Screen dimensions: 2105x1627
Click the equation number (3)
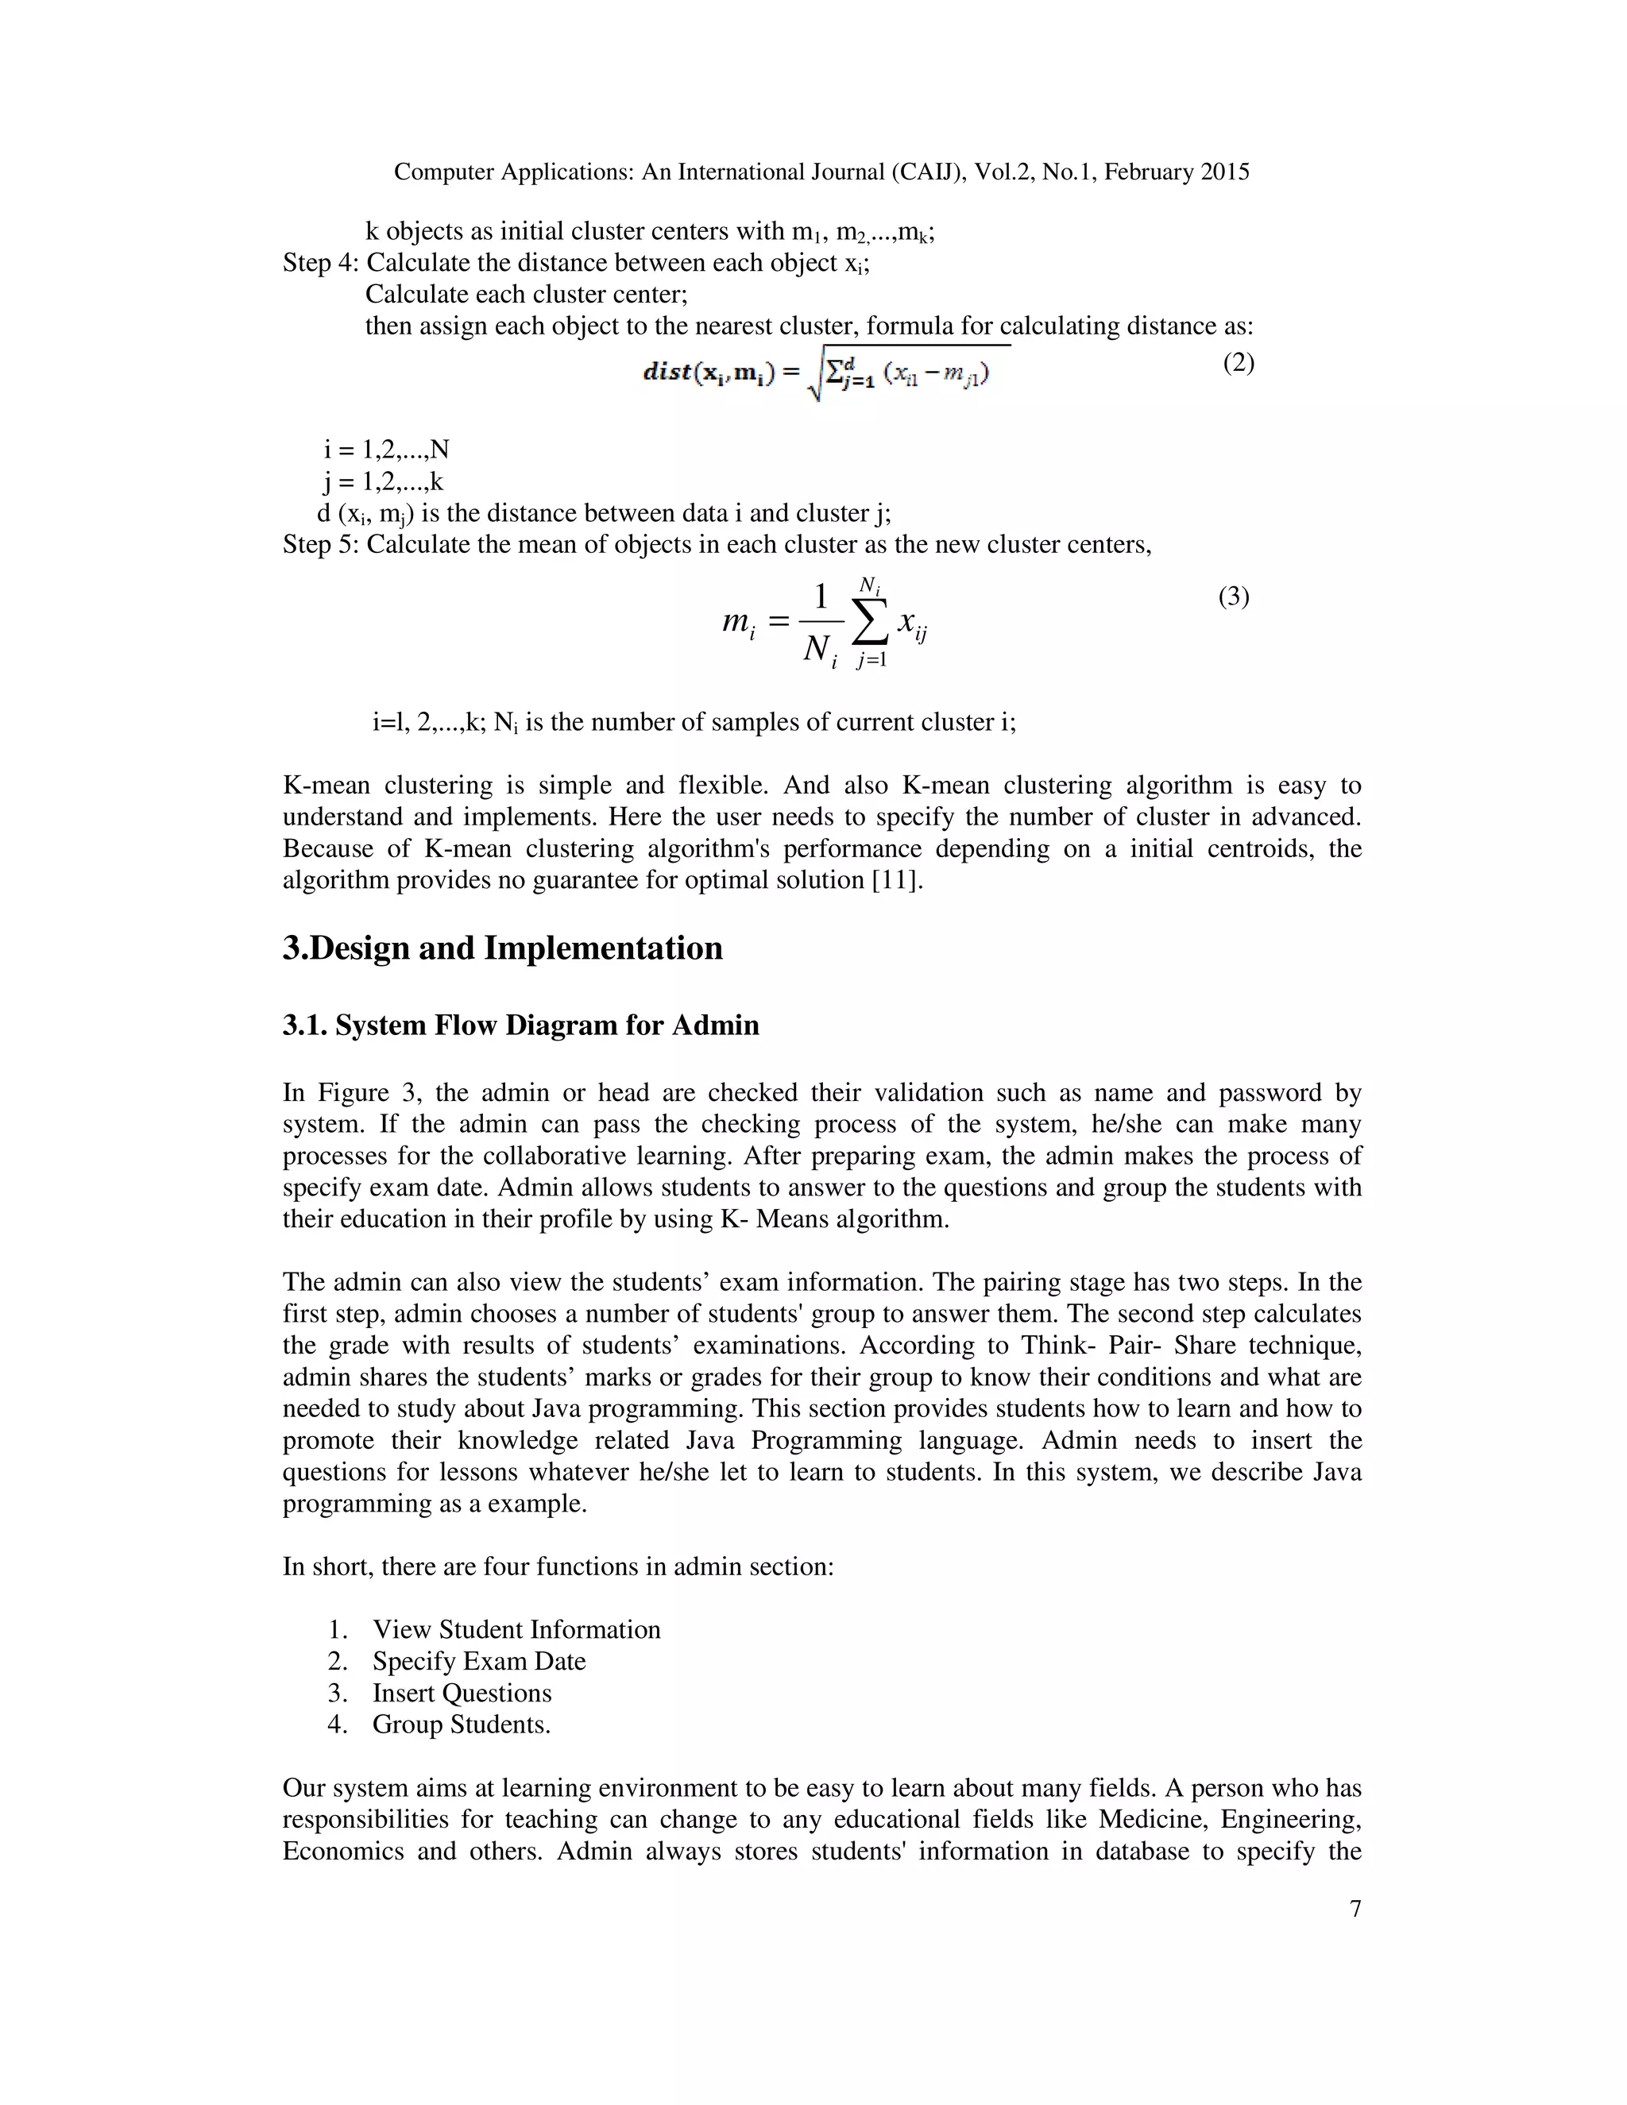pos(1233,597)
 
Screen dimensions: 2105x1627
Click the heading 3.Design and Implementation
pos(502,948)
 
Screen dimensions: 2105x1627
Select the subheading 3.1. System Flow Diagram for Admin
pos(520,1025)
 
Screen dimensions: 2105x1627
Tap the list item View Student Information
pos(516,1629)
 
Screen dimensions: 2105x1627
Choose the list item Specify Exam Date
pos(479,1661)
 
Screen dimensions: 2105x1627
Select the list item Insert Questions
pos(462,1693)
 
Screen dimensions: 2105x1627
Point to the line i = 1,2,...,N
pos(387,450)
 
